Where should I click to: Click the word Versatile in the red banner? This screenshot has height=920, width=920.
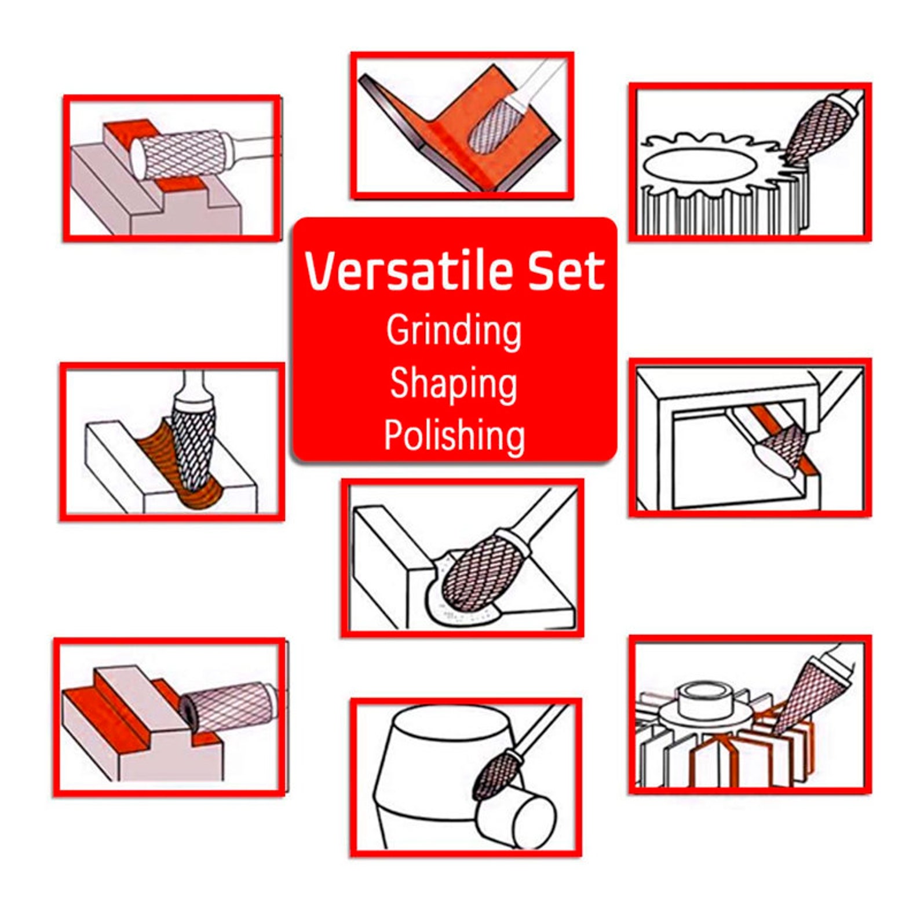point(408,271)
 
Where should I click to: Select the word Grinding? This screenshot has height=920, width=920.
point(454,331)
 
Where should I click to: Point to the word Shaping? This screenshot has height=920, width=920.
point(454,384)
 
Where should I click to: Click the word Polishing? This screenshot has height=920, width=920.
point(454,435)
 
